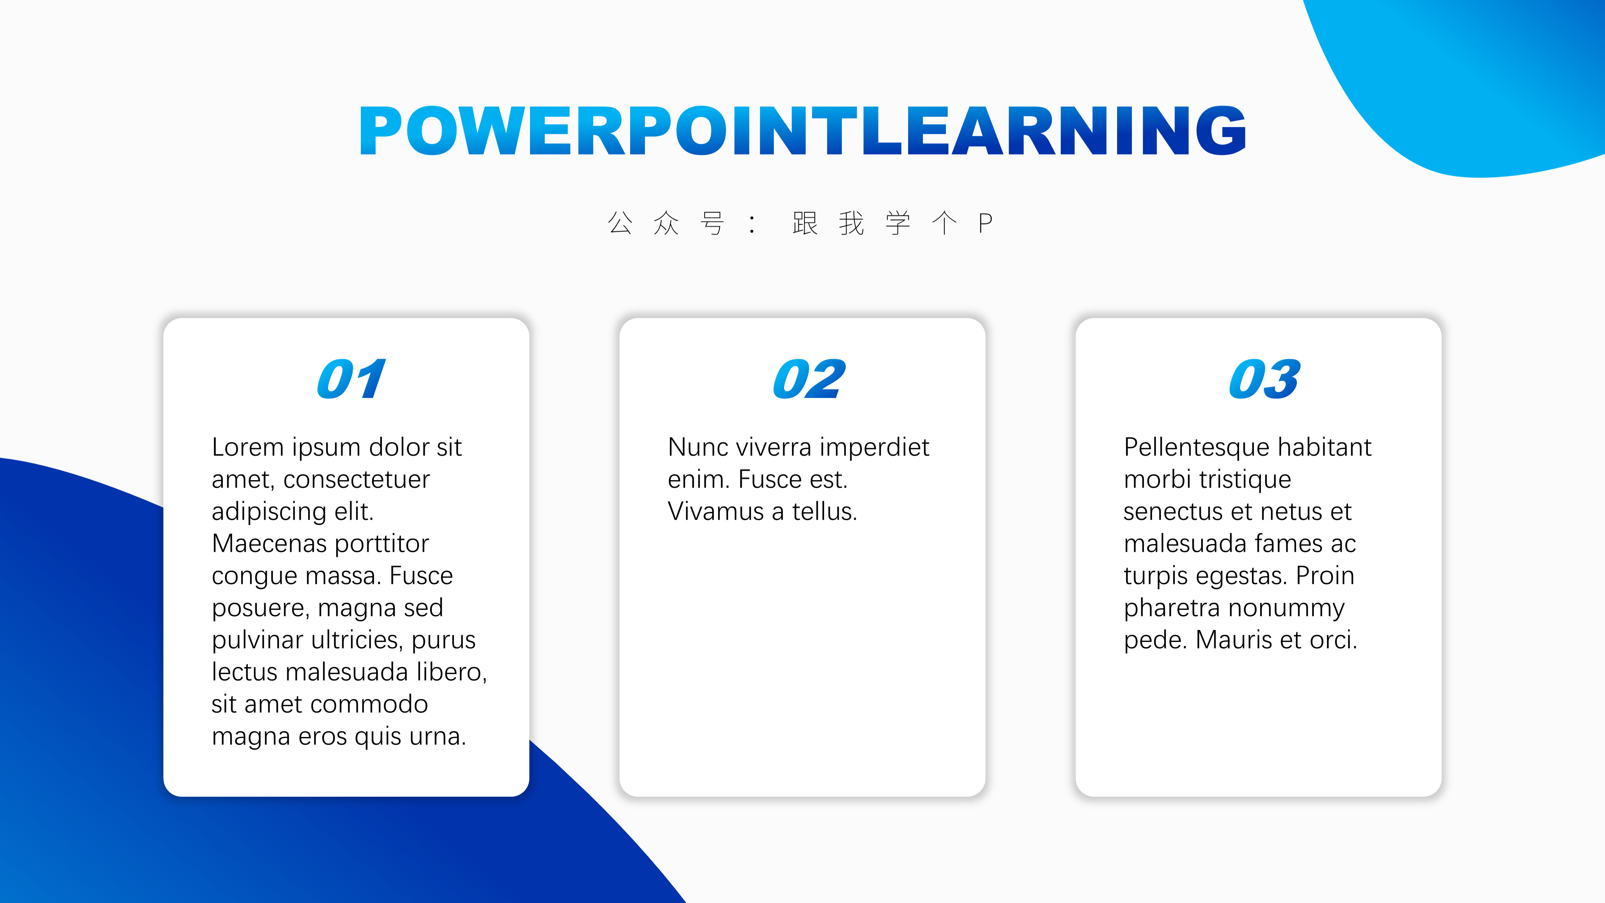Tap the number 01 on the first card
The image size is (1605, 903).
coord(351,379)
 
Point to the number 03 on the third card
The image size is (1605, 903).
coord(1265,379)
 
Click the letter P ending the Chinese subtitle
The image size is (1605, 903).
coord(985,223)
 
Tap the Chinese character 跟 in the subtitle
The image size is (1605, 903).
coord(805,223)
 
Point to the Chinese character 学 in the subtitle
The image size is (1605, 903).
coord(898,223)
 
